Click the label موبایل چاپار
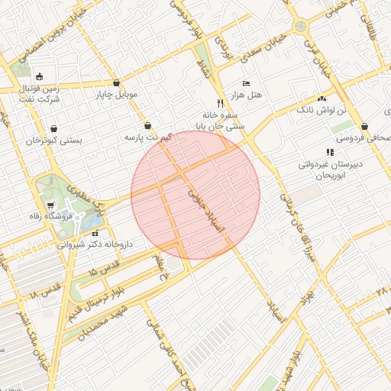point(115,95)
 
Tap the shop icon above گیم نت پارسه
point(147,125)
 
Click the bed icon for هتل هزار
point(245,82)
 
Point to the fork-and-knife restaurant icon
point(220,102)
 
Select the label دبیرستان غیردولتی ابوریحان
point(330,169)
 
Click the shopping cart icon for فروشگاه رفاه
point(50,205)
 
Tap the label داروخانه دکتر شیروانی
point(95,245)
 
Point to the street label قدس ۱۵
point(104,270)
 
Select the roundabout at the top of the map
point(300,26)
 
